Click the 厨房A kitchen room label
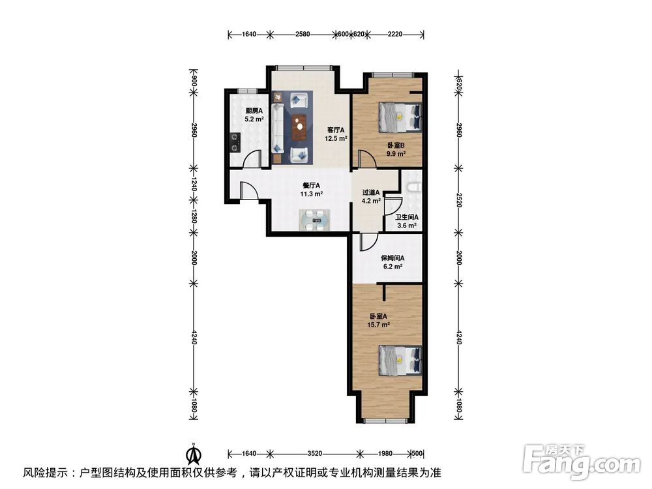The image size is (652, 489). (236, 110)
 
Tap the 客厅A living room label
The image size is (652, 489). (336, 130)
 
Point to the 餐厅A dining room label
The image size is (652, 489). (310, 185)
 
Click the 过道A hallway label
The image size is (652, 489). (371, 192)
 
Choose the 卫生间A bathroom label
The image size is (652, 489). (407, 217)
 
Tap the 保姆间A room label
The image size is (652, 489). (393, 258)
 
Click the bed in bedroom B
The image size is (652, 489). (400, 117)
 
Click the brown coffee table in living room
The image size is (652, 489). (299, 127)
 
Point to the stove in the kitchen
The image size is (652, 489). (234, 142)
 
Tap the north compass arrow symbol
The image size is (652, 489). (193, 452)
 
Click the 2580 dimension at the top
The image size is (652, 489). (303, 33)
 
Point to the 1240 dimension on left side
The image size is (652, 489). (194, 185)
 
